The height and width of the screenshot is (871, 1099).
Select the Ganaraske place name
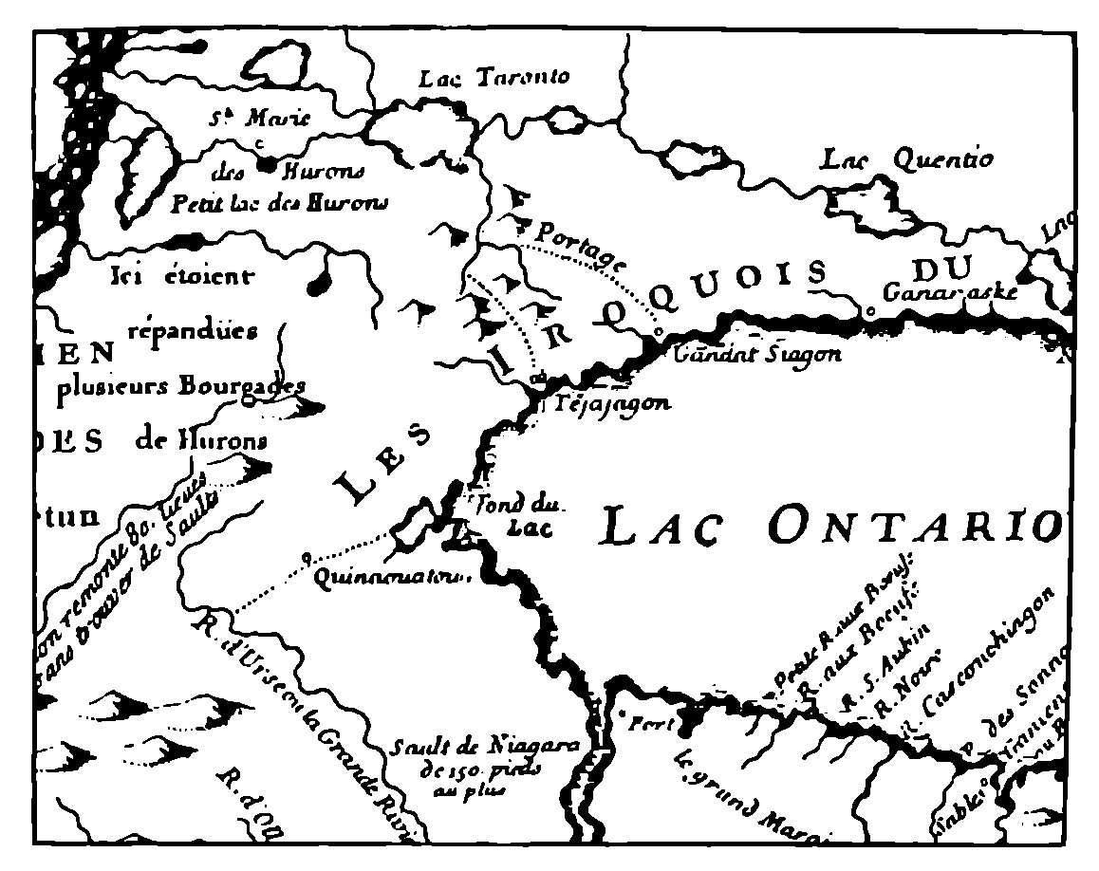point(950,291)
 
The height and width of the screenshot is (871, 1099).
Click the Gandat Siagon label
point(756,356)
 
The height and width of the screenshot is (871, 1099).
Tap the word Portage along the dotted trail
point(582,245)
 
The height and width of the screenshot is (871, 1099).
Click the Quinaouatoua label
point(389,575)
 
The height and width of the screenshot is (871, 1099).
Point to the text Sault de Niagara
point(485,747)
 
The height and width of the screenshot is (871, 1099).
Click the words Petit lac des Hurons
point(278,201)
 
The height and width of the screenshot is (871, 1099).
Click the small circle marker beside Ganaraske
point(868,309)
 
